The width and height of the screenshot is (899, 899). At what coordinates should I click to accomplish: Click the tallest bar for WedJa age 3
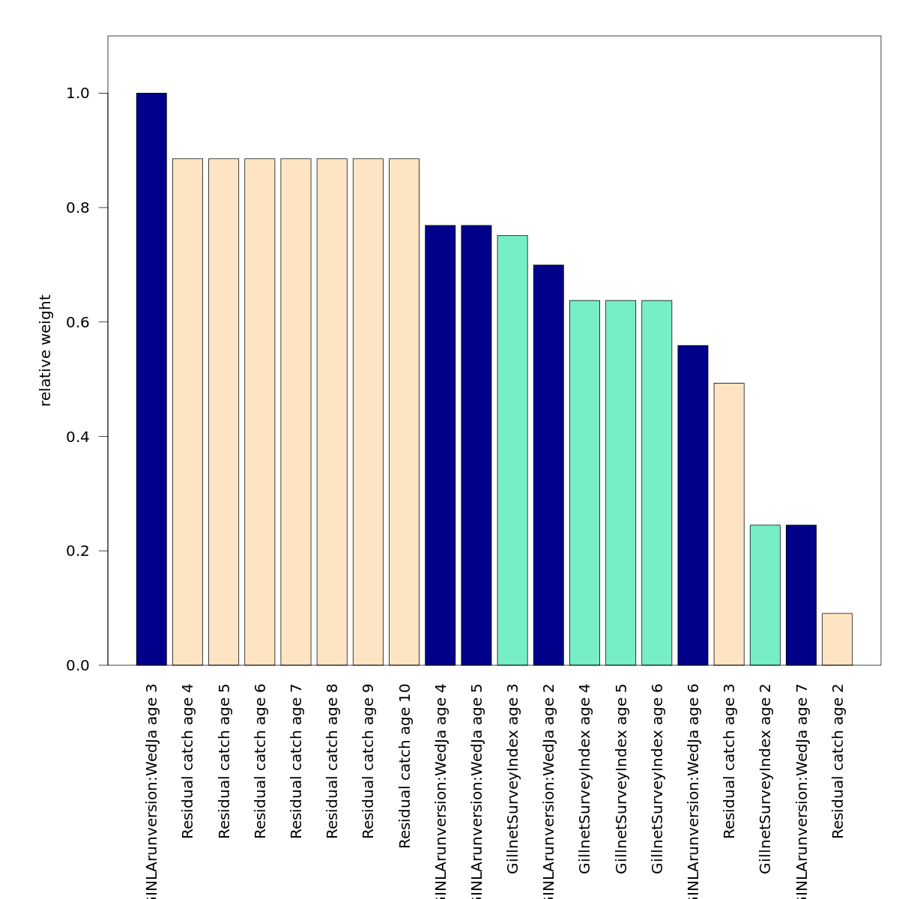[151, 379]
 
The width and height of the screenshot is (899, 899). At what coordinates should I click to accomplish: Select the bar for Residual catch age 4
[187, 412]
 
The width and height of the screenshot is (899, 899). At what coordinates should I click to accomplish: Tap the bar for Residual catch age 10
[404, 412]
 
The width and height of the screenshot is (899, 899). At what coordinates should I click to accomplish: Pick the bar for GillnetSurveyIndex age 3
[512, 450]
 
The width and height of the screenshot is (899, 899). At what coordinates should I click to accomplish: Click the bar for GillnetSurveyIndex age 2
[765, 595]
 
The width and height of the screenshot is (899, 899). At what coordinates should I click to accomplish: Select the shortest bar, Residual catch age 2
[837, 639]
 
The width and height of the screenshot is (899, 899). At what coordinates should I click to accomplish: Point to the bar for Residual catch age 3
[729, 524]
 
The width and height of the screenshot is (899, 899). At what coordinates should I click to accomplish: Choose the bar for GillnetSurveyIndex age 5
[620, 482]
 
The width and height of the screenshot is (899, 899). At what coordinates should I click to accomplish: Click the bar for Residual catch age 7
[296, 412]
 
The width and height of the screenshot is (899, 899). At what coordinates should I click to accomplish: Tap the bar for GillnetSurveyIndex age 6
[656, 482]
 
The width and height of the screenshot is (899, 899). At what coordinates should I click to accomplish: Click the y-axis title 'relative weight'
[46, 351]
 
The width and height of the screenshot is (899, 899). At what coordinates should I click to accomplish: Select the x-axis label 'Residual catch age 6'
[260, 760]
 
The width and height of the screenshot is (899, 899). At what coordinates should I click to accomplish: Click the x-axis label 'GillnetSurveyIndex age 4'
[585, 778]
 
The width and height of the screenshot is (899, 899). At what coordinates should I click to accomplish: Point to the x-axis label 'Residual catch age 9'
[368, 760]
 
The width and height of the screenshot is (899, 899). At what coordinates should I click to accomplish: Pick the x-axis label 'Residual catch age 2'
[838, 760]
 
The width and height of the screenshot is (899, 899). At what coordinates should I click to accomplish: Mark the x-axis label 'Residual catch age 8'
[332, 760]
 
